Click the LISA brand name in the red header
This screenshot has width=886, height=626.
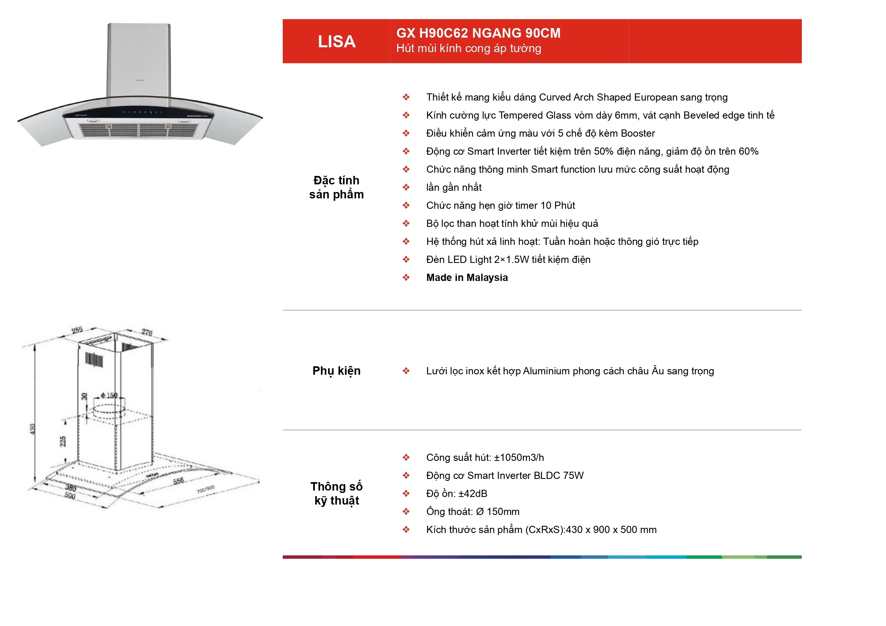[x=337, y=42]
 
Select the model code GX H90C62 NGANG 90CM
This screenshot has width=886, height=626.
[x=478, y=33]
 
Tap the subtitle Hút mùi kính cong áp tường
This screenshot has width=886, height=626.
[x=468, y=48]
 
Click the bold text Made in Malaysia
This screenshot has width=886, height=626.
[x=467, y=277]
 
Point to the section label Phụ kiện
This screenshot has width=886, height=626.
[x=337, y=371]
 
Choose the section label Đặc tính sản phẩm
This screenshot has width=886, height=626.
[x=337, y=187]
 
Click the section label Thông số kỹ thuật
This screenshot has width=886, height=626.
[x=337, y=493]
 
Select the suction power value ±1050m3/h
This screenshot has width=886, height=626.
[x=519, y=457]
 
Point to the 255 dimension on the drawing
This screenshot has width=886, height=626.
[x=77, y=330]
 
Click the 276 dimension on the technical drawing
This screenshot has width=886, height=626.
[x=147, y=332]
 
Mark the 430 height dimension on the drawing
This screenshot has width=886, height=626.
[x=32, y=428]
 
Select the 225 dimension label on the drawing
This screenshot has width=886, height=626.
[x=63, y=442]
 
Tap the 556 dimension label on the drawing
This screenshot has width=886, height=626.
[x=178, y=481]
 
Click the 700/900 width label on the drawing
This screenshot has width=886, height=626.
[x=205, y=489]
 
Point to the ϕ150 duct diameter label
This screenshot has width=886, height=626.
[x=109, y=395]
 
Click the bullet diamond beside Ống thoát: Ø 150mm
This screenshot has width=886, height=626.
[x=406, y=511]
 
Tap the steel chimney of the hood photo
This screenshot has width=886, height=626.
[x=139, y=60]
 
